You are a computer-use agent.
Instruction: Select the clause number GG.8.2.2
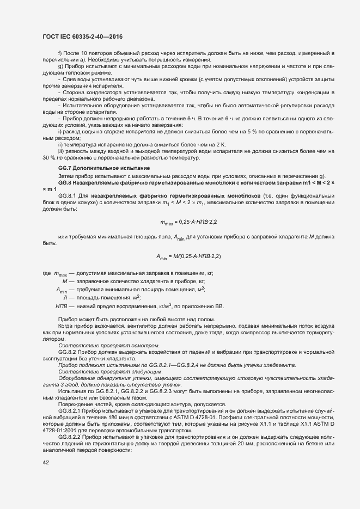coord(69,435)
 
